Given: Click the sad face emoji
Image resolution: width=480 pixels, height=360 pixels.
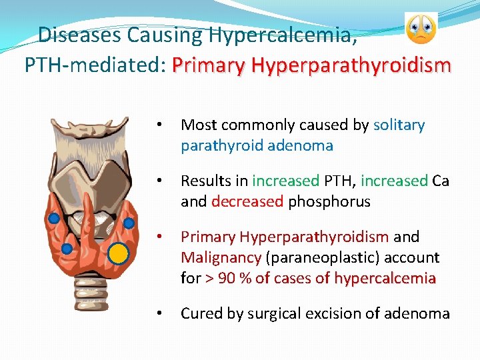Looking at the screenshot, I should click(421, 29).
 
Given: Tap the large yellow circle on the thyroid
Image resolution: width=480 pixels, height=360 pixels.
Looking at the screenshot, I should click(118, 253).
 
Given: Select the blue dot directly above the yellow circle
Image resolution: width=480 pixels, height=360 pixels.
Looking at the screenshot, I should click(129, 223).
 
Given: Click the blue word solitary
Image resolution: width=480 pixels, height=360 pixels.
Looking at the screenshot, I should click(399, 125).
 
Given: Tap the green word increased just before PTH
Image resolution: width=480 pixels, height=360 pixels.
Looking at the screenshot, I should click(286, 181).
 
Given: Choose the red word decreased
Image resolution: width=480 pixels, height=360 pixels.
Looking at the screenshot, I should click(247, 201).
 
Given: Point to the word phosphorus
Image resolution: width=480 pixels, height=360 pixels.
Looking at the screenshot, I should click(329, 201).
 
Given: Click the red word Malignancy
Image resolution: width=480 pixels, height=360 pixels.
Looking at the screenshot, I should click(221, 257).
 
